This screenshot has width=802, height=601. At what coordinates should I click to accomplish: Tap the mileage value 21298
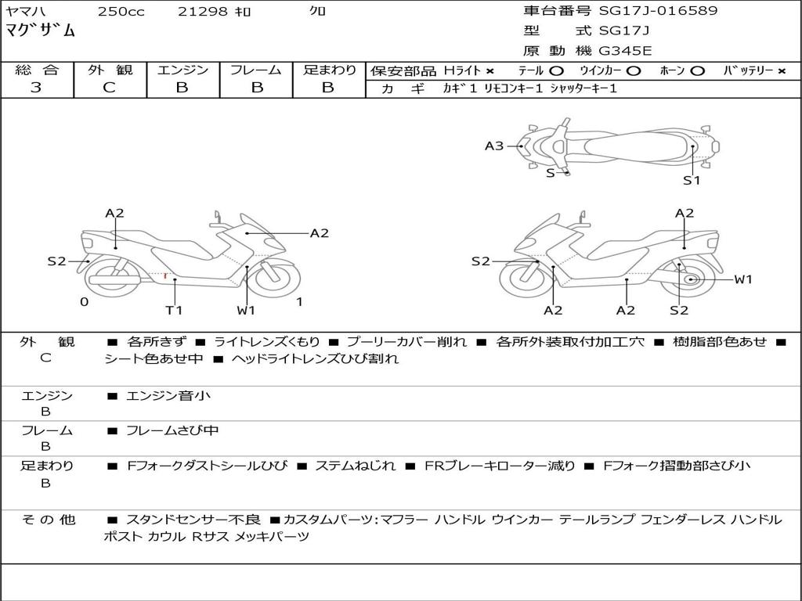(202, 12)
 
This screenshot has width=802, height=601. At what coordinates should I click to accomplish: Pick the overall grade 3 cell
(36, 88)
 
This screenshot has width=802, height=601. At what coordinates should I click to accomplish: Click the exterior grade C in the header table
(109, 88)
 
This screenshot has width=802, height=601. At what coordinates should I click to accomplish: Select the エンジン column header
(182, 70)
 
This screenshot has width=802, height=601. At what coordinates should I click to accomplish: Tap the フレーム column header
(256, 70)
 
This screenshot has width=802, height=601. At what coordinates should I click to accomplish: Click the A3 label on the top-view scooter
(494, 146)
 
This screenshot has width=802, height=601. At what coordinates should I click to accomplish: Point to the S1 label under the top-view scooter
(691, 181)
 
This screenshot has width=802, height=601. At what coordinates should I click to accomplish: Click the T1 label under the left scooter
(174, 310)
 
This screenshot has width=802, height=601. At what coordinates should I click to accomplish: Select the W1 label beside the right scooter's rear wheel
(742, 279)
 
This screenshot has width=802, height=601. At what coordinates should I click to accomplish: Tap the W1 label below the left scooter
(246, 310)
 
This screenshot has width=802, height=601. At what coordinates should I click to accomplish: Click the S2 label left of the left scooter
(56, 261)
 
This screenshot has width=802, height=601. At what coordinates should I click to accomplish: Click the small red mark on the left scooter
(164, 275)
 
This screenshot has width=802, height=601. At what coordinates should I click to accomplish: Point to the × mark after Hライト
(490, 71)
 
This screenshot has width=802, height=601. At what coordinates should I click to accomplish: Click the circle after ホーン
(698, 71)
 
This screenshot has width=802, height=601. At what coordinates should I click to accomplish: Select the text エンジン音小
(168, 396)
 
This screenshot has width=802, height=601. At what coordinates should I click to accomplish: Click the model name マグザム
(42, 31)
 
